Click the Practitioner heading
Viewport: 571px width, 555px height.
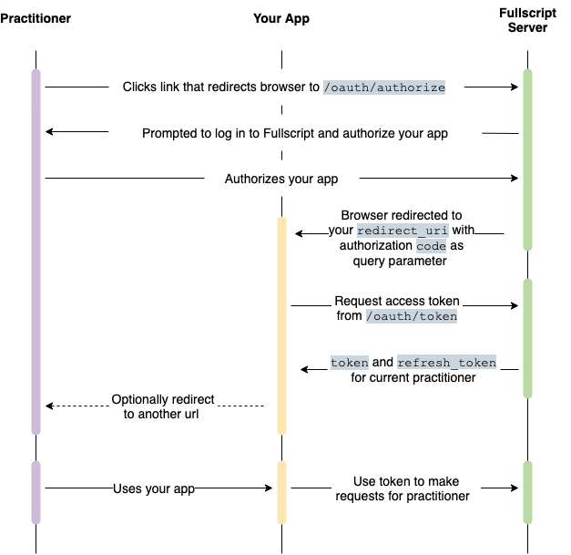(36, 18)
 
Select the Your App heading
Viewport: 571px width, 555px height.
(281, 18)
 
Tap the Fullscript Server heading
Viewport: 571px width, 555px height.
(527, 20)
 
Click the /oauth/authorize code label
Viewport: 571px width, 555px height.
(384, 87)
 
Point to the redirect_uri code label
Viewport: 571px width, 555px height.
(403, 231)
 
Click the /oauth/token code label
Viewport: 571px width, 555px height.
(412, 316)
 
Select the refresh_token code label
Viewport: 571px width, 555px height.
(446, 362)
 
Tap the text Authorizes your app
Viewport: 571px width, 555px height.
(281, 179)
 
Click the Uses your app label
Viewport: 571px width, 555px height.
(154, 488)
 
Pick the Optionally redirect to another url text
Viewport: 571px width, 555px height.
(162, 406)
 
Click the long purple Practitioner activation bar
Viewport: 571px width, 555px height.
(36, 252)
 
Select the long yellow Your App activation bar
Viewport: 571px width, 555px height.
(282, 325)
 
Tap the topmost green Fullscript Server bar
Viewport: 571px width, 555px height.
(527, 160)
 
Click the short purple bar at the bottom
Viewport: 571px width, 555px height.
(36, 493)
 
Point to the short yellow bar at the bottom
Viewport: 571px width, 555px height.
(282, 493)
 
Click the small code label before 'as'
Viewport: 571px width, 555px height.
(431, 246)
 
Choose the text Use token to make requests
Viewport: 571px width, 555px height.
(403, 488)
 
